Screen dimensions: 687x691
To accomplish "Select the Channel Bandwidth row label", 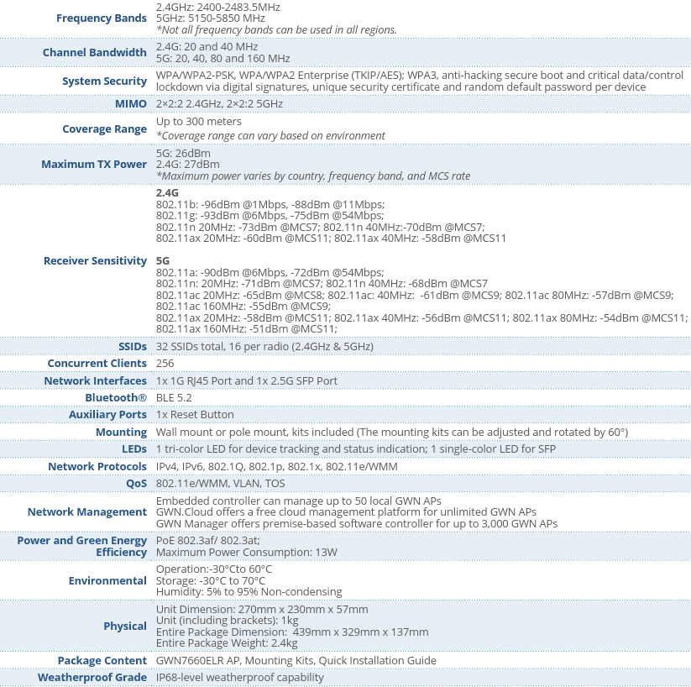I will [95, 53].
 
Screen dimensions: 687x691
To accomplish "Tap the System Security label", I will [104, 81].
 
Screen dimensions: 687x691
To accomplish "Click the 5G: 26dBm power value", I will [183, 153].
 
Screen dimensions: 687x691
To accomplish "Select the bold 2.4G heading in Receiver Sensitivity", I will [167, 193].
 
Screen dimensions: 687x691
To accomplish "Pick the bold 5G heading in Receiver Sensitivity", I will [163, 261].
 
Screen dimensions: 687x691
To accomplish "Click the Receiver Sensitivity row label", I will [95, 261].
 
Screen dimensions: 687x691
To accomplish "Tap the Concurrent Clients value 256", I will [165, 364].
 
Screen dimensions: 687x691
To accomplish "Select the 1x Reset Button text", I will [195, 415].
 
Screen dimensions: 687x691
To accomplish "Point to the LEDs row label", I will [134, 449].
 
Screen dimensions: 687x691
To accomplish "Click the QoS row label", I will [136, 484].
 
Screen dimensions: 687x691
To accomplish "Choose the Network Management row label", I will [87, 512].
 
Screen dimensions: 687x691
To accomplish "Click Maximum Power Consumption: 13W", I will [246, 553].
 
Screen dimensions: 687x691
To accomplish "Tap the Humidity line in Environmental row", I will [249, 592].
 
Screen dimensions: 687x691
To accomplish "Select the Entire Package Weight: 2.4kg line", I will [227, 643].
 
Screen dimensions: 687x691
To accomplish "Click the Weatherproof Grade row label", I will [92, 678].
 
